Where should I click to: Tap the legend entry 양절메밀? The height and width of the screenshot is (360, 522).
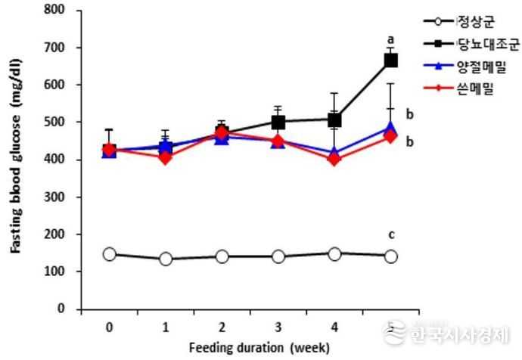point(486,70)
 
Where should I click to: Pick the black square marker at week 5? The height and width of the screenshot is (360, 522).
point(391,61)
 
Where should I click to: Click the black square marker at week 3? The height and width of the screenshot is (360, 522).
point(278,122)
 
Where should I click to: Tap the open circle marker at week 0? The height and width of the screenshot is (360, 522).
point(110,254)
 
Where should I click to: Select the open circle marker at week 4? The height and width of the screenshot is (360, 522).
point(334,254)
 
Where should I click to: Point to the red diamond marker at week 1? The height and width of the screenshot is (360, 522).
point(166,158)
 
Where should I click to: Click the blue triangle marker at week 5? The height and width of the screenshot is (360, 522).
point(391,129)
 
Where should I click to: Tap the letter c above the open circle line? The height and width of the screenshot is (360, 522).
point(391,234)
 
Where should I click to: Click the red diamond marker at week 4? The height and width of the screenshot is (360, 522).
point(334,160)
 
